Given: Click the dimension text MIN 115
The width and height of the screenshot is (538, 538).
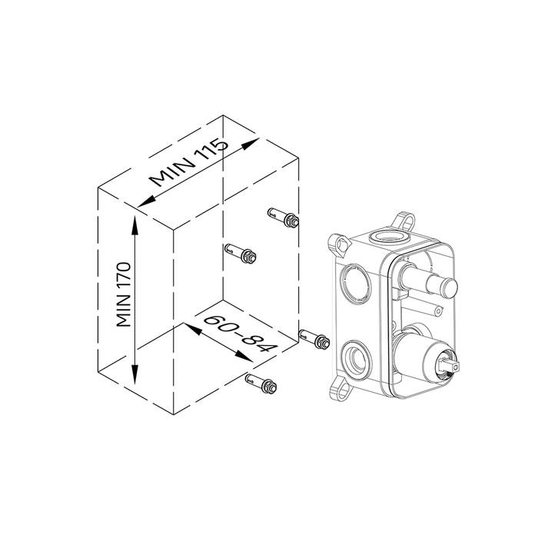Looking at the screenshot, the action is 189,162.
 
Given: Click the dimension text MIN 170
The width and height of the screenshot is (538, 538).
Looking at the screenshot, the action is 124,294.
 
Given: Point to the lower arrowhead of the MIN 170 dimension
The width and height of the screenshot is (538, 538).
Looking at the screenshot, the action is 134,374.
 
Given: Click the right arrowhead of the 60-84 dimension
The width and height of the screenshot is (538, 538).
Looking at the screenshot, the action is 244,357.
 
